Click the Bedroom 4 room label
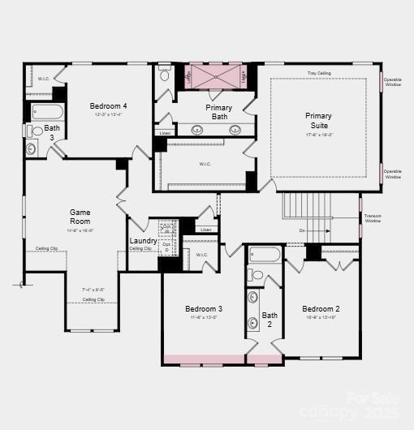(108, 106)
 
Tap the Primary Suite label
(318, 121)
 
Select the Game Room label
(80, 217)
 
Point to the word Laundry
(143, 241)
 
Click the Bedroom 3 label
(204, 309)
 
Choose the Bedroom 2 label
(321, 309)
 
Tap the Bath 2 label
(270, 320)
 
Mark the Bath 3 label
(52, 132)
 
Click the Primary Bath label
(218, 113)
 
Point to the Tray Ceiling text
(318, 74)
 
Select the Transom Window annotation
(373, 218)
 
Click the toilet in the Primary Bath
(165, 76)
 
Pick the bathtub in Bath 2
(265, 254)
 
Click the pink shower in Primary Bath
(217, 75)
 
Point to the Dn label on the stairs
(302, 230)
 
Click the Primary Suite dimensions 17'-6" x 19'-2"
(318, 135)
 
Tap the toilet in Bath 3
(37, 131)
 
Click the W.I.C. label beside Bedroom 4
(45, 79)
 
